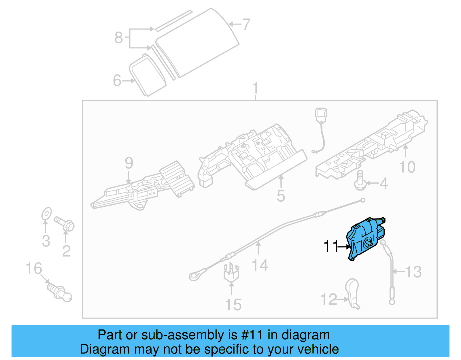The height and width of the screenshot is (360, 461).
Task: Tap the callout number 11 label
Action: click(x=330, y=246)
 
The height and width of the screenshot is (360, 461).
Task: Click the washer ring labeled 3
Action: click(x=46, y=214)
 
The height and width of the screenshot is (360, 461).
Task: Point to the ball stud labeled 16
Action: click(x=60, y=292)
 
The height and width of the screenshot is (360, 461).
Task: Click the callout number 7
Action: click(x=246, y=24)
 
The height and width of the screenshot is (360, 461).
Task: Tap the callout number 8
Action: click(x=118, y=38)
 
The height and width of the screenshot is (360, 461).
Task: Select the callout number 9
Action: click(x=129, y=163)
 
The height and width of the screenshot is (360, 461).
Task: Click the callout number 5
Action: click(x=281, y=196)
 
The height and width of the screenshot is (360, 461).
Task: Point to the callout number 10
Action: click(x=407, y=167)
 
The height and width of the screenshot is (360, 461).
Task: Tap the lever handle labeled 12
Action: click(x=353, y=293)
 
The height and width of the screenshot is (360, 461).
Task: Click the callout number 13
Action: click(x=413, y=272)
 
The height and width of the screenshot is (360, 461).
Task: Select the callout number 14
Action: click(x=260, y=265)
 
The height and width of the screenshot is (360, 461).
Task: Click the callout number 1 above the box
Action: click(x=255, y=88)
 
